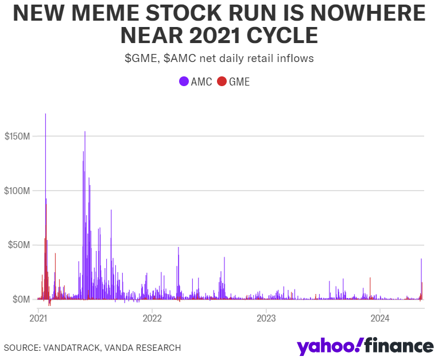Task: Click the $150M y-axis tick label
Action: click(17, 136)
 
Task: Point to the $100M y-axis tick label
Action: click(17, 191)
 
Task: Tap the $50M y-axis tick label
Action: click(19, 245)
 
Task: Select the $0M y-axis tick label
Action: click(21, 299)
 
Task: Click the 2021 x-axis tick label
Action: click(38, 318)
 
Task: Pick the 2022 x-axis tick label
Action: click(152, 318)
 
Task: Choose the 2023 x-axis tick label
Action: click(266, 318)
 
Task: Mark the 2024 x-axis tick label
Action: click(379, 318)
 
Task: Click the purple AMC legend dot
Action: click(184, 82)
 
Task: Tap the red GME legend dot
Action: click(222, 82)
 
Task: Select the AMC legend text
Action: click(201, 82)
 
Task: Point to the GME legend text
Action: click(239, 82)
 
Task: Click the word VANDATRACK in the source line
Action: click(69, 347)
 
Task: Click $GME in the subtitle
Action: click(141, 58)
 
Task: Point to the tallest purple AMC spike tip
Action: click(45, 114)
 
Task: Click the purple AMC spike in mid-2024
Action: click(421, 260)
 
